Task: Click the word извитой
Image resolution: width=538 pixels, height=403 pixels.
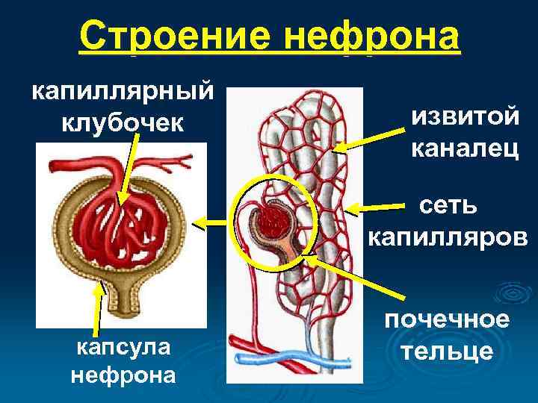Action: pyautogui.click(x=464, y=117)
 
